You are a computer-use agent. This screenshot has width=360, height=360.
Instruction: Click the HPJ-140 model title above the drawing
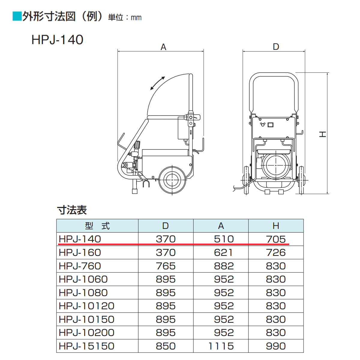pos(57,40)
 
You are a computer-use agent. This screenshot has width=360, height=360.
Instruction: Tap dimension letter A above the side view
pos(163,47)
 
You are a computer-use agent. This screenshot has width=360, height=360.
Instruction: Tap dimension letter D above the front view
pos(276,47)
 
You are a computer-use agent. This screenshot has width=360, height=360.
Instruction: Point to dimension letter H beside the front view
pos(322,134)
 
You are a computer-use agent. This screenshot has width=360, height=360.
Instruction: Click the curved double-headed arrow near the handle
pos(157,83)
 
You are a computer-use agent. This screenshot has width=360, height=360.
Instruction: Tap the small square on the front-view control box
pos(270,124)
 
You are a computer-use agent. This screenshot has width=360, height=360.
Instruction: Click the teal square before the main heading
pos(17,16)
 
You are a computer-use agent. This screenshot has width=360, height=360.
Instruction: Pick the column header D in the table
pos(165,226)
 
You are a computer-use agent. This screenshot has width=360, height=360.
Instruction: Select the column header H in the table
pos(276,226)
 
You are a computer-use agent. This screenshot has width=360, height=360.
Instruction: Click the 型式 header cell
pos(97,226)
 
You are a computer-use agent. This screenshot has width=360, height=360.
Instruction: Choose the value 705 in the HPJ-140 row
pos(276,239)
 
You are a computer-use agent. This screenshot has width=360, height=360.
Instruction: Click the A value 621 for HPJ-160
pos(223,253)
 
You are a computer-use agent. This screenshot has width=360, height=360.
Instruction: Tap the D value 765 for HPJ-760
pos(166,266)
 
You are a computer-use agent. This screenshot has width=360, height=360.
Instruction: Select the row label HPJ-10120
pos(86,306)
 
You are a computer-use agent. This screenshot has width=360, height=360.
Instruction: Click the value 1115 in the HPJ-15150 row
pos(221,346)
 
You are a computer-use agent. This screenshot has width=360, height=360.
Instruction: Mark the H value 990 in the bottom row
pos(276,346)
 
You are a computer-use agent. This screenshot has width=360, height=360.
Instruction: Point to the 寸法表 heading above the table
pos(72,210)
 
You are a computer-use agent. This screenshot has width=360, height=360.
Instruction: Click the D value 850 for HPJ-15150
pos(166,346)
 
